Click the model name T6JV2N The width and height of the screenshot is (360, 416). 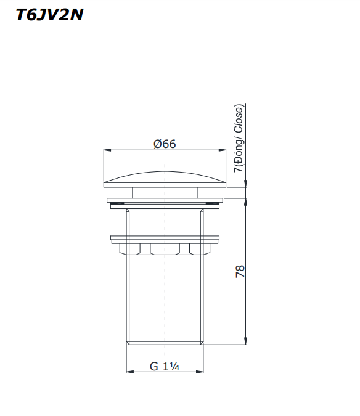click(49, 15)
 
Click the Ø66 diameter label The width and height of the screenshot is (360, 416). click(165, 144)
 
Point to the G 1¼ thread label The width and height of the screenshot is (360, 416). click(164, 366)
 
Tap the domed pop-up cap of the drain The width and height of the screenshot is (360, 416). click(165, 177)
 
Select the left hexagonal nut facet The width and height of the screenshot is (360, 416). click(145, 249)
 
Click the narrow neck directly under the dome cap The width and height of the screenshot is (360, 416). click(165, 192)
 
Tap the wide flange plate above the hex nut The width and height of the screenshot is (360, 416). click(165, 238)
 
